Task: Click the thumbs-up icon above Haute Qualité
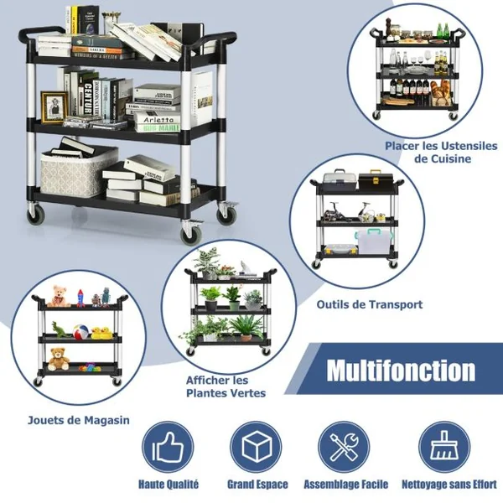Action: [x=168, y=447]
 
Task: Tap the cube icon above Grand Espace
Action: [x=257, y=447]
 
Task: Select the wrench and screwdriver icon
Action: [x=345, y=447]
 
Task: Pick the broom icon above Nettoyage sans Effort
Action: [x=444, y=447]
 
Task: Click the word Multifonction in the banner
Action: [x=401, y=371]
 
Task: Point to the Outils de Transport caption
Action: [x=370, y=304]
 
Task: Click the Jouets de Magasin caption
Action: [x=79, y=420]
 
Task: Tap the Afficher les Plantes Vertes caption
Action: [x=226, y=386]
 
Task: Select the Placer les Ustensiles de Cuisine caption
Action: [x=441, y=153]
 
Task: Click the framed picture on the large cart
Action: [x=54, y=106]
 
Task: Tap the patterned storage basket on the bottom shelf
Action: [x=79, y=171]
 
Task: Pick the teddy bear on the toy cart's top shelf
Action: [x=58, y=296]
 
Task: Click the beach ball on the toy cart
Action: [x=80, y=332]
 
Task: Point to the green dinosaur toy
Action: [x=60, y=329]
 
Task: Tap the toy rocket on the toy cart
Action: [x=80, y=298]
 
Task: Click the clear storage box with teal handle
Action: [x=374, y=241]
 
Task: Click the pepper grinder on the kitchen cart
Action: [x=390, y=29]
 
